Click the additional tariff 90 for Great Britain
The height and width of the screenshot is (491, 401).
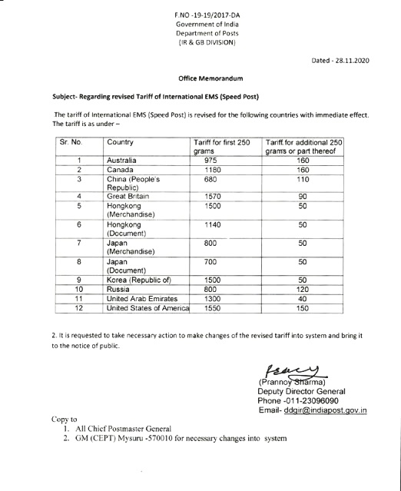[302, 196]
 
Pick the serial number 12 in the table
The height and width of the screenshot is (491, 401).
[80, 309]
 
